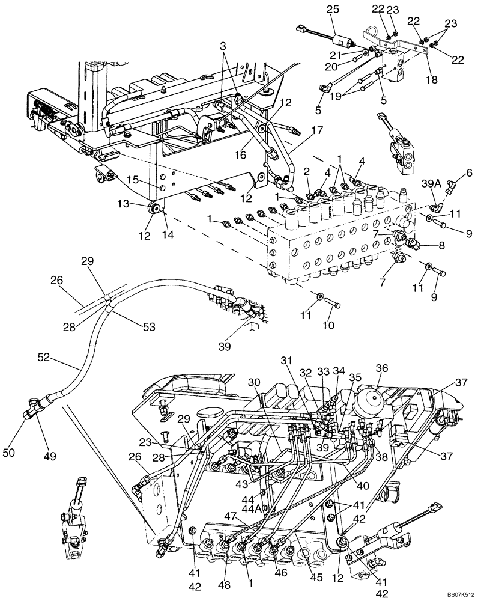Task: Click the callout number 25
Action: coord(333,10)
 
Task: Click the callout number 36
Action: coord(383,368)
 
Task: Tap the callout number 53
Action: coord(149,326)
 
